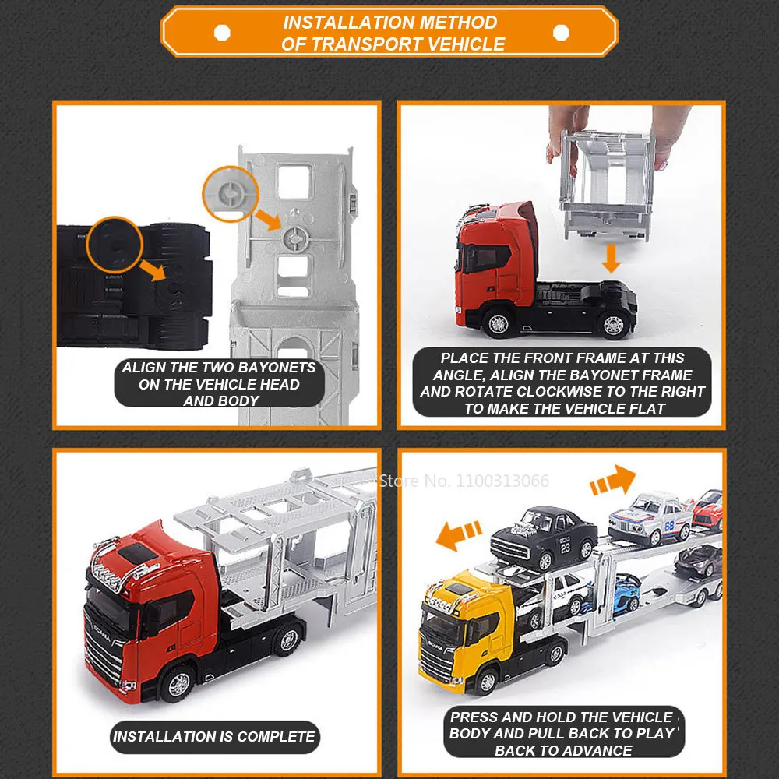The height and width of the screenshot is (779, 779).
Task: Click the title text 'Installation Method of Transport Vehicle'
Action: pos(389,33)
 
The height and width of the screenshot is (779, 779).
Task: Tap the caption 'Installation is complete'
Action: pos(214,736)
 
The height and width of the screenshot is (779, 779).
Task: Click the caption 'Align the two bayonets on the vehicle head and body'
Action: pos(219,383)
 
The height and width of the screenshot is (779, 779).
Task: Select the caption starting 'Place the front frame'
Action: pos(562,383)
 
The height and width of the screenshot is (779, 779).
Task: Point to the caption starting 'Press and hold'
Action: pos(562,733)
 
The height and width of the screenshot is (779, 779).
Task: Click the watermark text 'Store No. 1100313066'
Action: pos(464,481)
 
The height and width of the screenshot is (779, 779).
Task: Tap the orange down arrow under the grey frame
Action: pos(612,258)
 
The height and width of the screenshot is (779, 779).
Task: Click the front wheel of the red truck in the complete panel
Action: pos(177,684)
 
